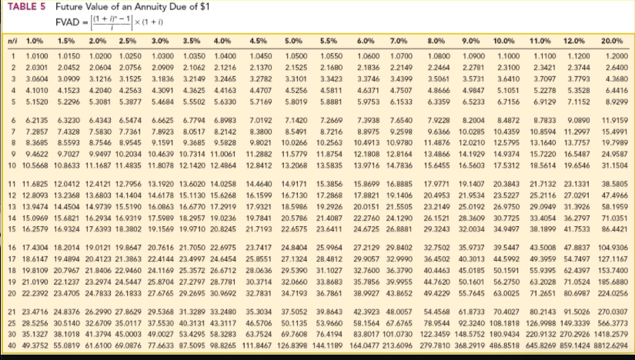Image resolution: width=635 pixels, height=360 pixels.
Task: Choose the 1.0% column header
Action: point(34,39)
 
